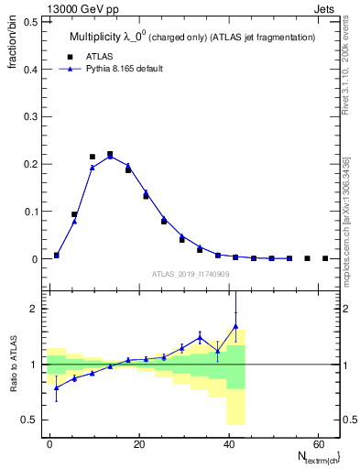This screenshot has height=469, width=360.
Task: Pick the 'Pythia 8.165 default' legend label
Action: pyautogui.click(x=122, y=68)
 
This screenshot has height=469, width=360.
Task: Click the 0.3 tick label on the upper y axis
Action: pyautogui.click(x=30, y=116)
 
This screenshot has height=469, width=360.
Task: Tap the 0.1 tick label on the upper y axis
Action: pyautogui.click(x=30, y=212)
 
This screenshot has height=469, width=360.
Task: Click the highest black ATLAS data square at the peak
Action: pyautogui.click(x=110, y=154)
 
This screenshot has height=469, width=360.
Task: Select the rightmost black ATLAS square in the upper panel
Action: pyautogui.click(x=325, y=258)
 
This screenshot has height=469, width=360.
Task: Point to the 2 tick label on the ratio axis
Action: pyautogui.click(x=34, y=309)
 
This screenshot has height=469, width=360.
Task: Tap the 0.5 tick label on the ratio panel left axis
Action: pyautogui.click(x=30, y=420)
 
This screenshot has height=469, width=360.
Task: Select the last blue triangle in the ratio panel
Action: pyautogui.click(x=235, y=326)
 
